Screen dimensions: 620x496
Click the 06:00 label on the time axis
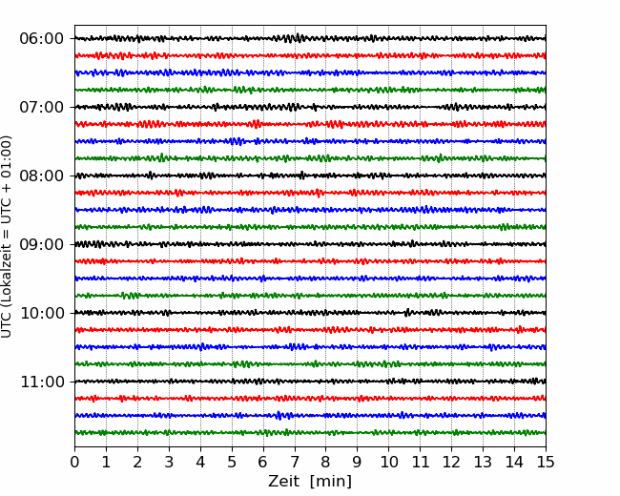click(42, 39)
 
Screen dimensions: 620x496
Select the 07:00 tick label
click(42, 107)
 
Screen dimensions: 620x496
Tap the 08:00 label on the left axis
click(42, 176)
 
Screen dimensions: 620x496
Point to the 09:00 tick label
click(42, 244)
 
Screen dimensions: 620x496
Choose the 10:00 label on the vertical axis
click(42, 313)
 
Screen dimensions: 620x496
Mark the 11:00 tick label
click(42, 382)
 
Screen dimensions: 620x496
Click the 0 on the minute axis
click(74, 462)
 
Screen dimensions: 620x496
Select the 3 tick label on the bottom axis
click(169, 462)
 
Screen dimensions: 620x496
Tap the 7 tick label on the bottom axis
click(295, 462)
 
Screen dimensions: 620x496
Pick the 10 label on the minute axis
click(388, 462)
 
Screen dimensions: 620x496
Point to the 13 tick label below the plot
click(483, 462)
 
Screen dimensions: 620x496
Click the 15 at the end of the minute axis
click(546, 462)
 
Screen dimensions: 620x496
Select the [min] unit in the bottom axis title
click(331, 482)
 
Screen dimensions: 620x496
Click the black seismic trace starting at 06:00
click(310, 38)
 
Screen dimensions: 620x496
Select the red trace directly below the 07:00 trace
click(310, 124)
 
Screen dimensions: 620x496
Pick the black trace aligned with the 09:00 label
click(310, 244)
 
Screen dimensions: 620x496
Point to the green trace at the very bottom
click(310, 432)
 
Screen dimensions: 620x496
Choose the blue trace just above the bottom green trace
click(310, 415)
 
